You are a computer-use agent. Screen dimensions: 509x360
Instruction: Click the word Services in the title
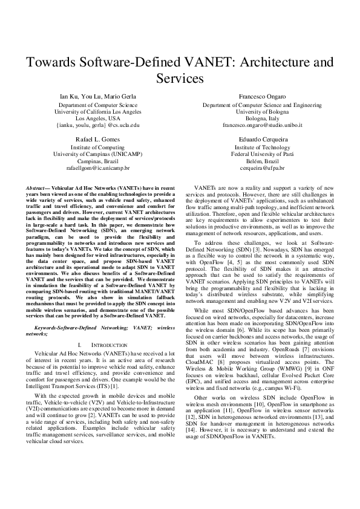pyautogui.click(x=180, y=79)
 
